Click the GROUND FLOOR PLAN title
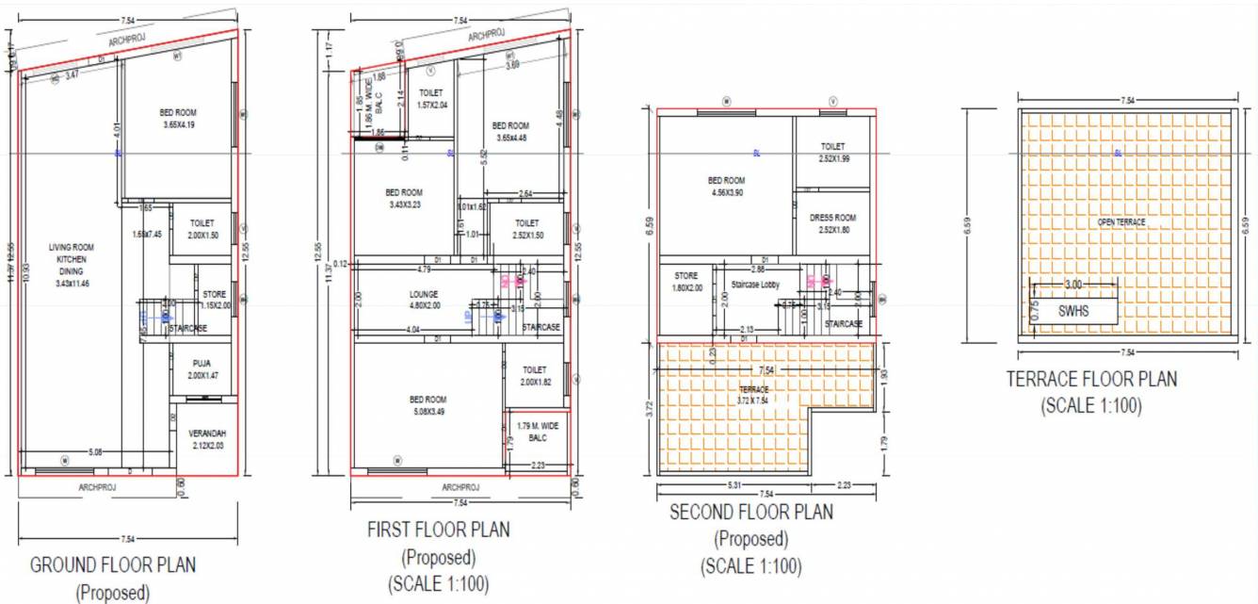click(x=113, y=565)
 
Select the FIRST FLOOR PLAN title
click(x=438, y=530)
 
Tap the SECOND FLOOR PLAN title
click(x=750, y=513)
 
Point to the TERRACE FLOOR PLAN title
click(x=1091, y=380)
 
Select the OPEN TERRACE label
click(x=1121, y=222)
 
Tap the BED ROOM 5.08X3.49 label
click(x=428, y=404)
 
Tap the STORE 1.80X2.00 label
click(x=687, y=282)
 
